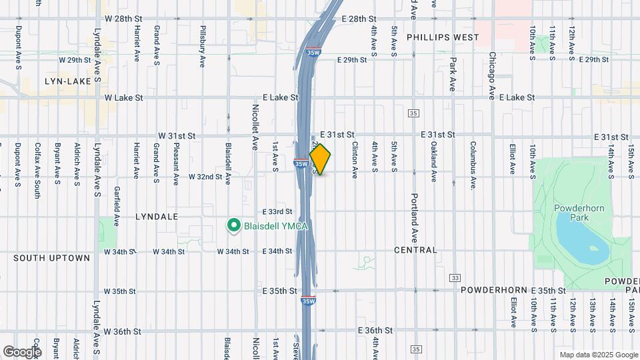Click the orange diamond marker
coord(321,159)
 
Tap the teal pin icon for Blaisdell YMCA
coord(234,226)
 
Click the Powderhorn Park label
coord(579,213)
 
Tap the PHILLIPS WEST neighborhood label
coord(442,37)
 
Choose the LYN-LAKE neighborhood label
coord(67,81)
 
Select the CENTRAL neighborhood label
coord(415,251)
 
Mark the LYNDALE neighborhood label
coord(157,217)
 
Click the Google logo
coord(21,351)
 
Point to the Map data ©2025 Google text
coord(598,355)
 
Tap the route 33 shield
coord(455,277)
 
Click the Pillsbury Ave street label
coord(202,46)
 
